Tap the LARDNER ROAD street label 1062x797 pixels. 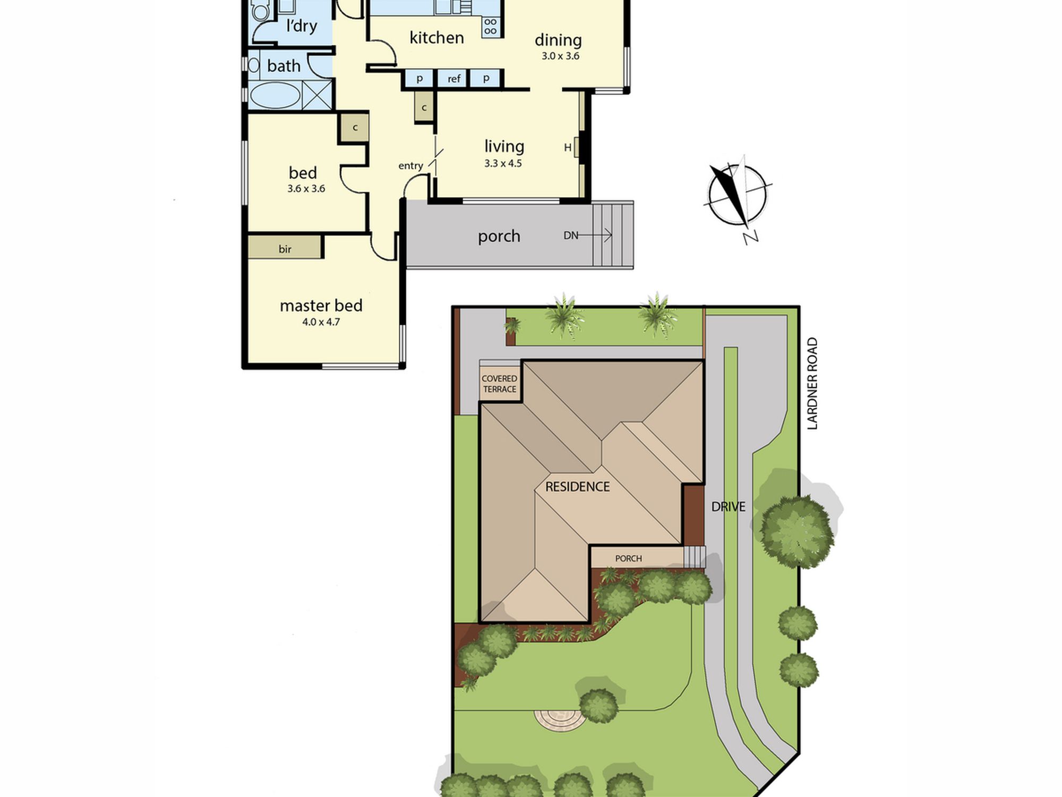coord(812,383)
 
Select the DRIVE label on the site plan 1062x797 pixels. coord(728,507)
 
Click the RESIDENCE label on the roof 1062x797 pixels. coord(577,487)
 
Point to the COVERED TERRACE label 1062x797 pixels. coord(499,384)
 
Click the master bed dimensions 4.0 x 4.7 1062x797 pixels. coord(321,322)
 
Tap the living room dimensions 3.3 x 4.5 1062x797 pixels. coord(503,164)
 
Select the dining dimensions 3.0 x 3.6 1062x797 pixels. coord(560,56)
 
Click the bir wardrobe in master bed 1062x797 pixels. coord(285,247)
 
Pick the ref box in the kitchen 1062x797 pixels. coord(453,79)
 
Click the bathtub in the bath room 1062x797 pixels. coord(275,96)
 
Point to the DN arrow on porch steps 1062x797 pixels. coord(588,235)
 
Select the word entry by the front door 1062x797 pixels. coord(410,166)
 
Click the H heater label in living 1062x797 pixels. coord(568,147)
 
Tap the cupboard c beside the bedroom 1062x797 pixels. coord(355,128)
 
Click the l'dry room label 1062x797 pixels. coord(302,26)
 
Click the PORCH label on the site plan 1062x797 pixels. coord(628,558)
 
